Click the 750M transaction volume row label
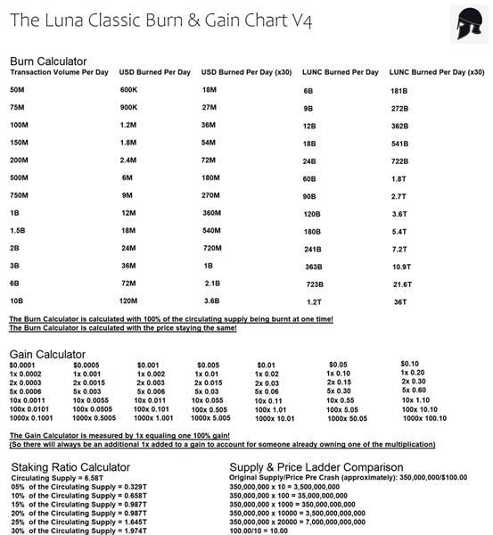tap(20, 195)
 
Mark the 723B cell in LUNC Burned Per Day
tap(314, 284)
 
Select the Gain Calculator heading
tap(47, 354)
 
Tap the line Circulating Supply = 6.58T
tap(58, 477)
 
